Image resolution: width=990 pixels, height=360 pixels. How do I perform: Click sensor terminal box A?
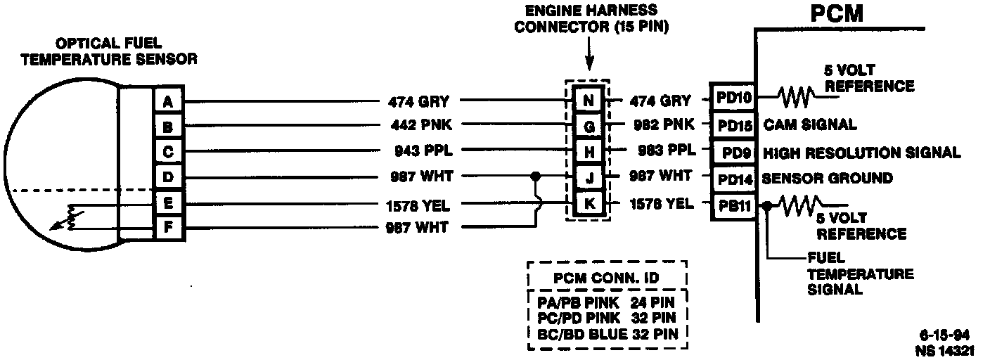click(x=168, y=101)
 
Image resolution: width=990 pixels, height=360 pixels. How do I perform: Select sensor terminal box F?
click(x=168, y=227)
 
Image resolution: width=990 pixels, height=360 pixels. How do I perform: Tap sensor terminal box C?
click(x=168, y=152)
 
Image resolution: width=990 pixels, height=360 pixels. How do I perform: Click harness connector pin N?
click(x=589, y=101)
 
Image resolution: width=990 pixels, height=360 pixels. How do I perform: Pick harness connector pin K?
click(x=589, y=205)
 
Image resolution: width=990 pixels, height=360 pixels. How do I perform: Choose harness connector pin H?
click(x=589, y=152)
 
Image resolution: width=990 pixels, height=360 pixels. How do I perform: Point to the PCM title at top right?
click(x=836, y=13)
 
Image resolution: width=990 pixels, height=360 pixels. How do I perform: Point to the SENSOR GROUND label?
click(x=827, y=179)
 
